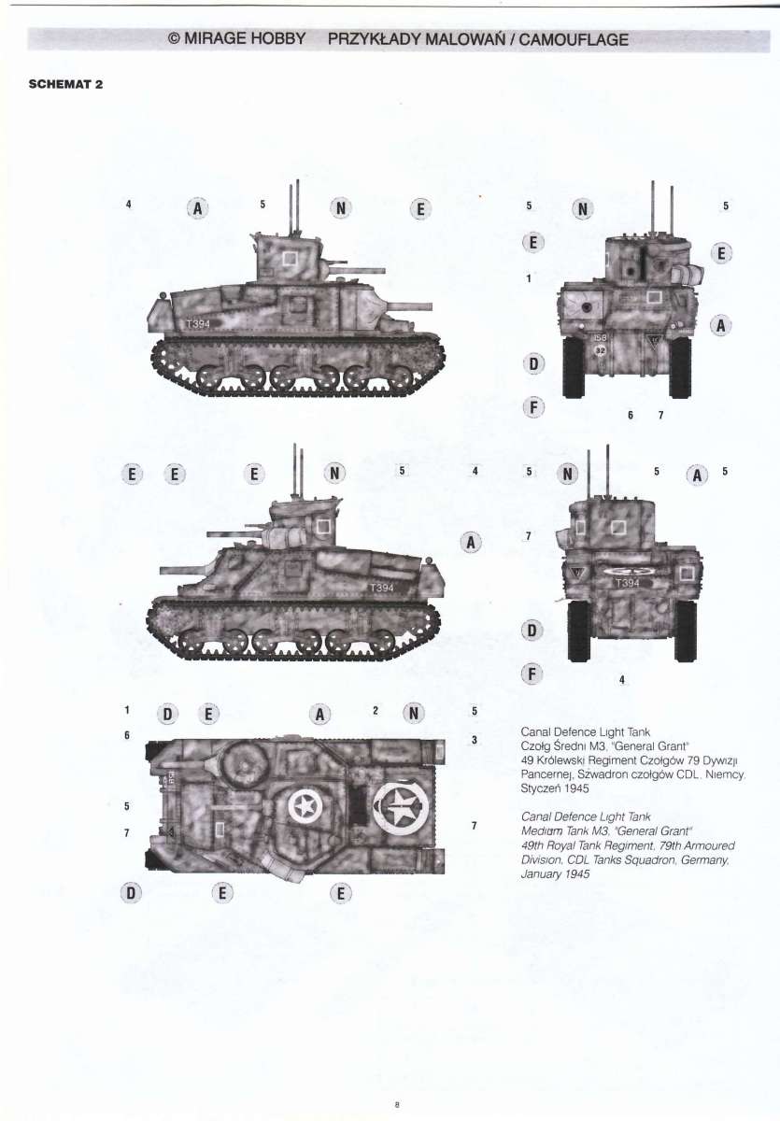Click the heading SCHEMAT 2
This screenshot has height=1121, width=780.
[x=65, y=84]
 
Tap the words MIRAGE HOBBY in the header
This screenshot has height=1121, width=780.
[x=245, y=38]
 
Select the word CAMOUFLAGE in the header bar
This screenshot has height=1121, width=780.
[x=574, y=39]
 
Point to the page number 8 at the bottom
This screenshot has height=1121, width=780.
[x=396, y=1102]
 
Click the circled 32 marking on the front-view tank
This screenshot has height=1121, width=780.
[x=601, y=351]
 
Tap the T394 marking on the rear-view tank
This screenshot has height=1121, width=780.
[x=628, y=583]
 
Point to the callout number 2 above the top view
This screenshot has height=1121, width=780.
[x=375, y=711]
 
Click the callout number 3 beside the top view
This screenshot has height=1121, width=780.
[x=474, y=740]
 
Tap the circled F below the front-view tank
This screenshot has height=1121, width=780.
[x=534, y=407]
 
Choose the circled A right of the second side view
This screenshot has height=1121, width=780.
[x=471, y=543]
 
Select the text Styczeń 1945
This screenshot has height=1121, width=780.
[x=555, y=788]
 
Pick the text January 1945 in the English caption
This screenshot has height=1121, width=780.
[x=555, y=873]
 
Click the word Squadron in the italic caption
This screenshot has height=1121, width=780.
[x=649, y=859]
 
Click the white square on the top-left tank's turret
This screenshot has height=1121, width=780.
[x=290, y=259]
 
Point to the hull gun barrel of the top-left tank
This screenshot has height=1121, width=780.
[x=410, y=305]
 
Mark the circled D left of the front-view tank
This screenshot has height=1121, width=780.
[x=533, y=363]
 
